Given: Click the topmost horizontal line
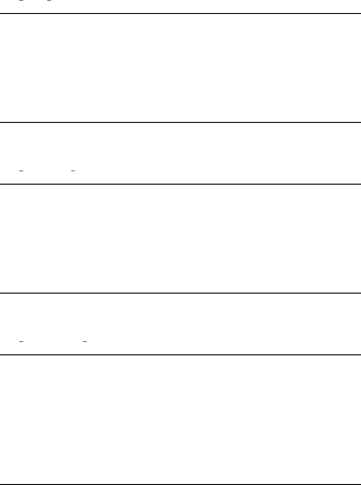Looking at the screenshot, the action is point(180,13).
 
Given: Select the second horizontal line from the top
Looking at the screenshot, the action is point(180,122).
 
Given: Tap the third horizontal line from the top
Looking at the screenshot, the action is point(180,184).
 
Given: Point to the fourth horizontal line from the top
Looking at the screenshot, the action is point(180,293).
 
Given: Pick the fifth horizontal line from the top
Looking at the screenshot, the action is point(180,355).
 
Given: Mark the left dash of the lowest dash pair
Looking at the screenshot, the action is point(21,341).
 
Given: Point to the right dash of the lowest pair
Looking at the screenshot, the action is point(84,341).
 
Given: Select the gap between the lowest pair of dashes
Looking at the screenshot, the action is point(53,341).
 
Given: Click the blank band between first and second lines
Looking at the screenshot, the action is point(180,68).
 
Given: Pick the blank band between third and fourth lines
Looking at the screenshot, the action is point(180,238).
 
